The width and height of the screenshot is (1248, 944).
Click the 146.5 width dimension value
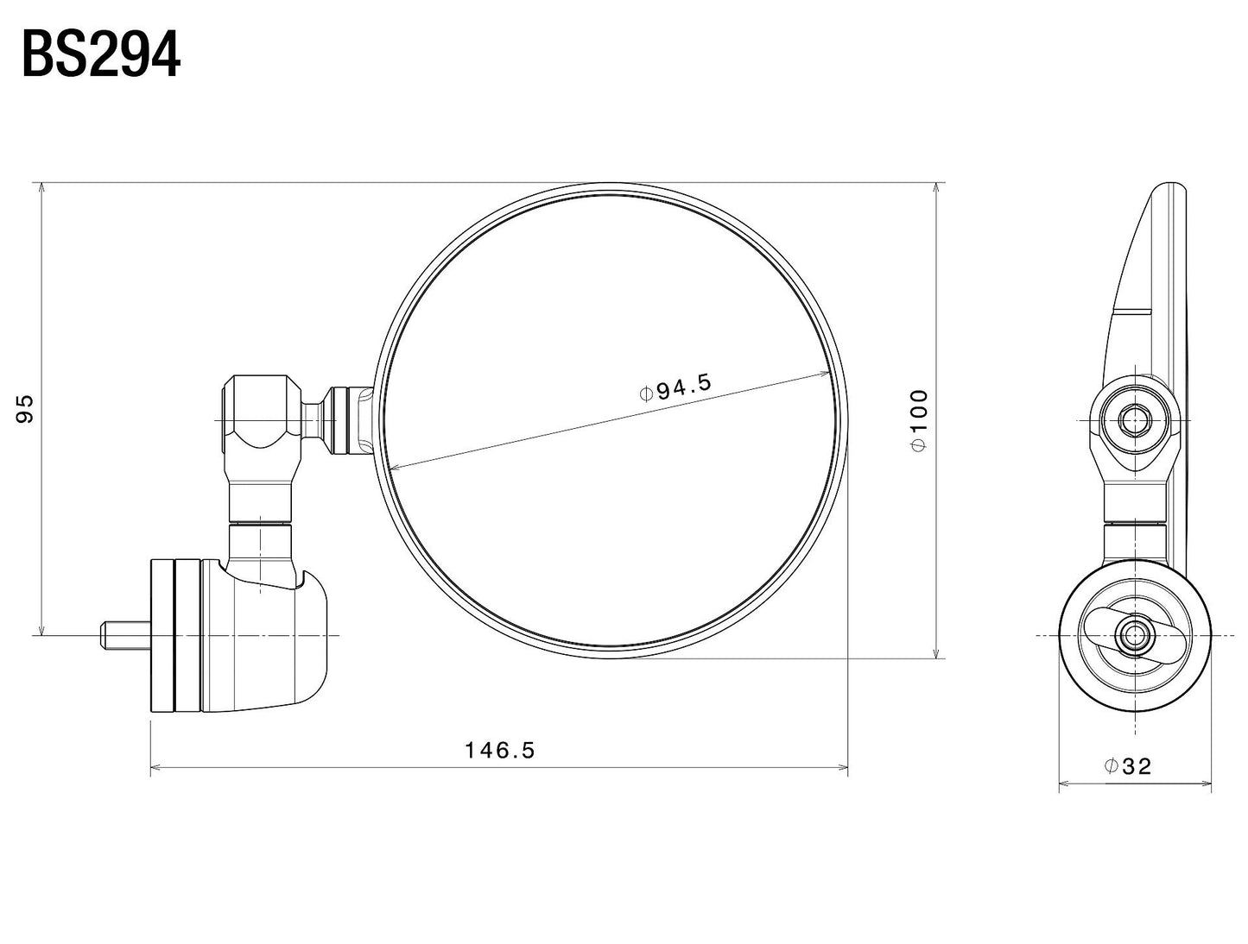coord(500,751)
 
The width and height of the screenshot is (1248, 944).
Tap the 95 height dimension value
coord(25,408)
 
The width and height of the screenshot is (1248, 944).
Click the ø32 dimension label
coord(1128,766)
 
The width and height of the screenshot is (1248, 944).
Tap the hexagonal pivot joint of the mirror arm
coord(262,412)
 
